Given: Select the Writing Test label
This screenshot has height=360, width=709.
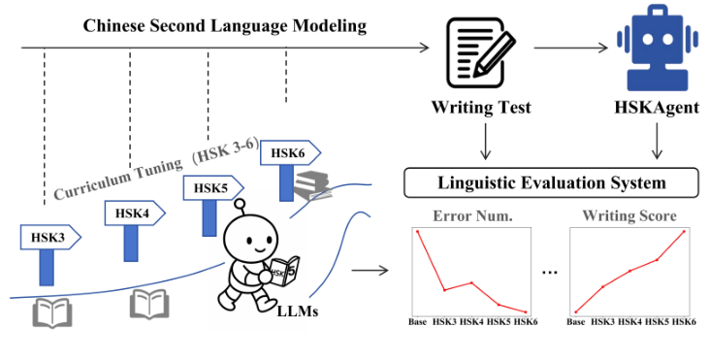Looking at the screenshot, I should tap(481, 109).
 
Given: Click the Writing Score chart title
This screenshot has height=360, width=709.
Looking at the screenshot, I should tap(627, 215).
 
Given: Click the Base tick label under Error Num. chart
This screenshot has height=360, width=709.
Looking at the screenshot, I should tap(418, 321).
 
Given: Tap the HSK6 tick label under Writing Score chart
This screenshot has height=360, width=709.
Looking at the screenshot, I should tap(684, 321).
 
